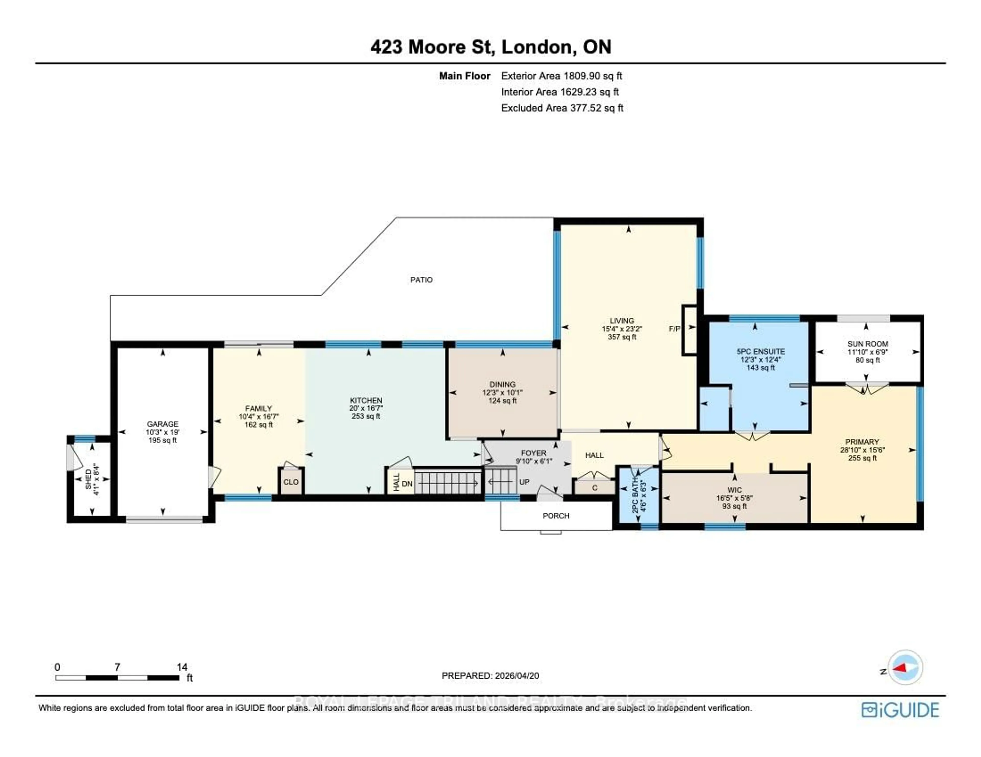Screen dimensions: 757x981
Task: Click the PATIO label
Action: tap(421, 280)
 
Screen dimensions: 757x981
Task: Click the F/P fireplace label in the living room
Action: tap(674, 329)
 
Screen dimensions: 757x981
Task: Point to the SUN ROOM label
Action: tap(867, 344)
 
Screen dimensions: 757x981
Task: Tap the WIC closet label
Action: tap(734, 490)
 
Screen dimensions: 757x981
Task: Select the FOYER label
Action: tap(534, 453)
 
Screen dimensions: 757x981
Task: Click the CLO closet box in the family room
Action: tap(291, 482)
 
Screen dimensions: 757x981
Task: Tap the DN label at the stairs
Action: tap(407, 484)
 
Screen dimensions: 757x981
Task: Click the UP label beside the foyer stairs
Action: tap(524, 482)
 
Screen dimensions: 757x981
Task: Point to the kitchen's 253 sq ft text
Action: tap(366, 416)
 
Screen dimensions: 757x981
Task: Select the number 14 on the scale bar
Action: tap(182, 667)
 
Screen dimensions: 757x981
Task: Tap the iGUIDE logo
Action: tap(900, 710)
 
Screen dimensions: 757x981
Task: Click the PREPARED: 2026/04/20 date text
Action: tap(490, 676)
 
